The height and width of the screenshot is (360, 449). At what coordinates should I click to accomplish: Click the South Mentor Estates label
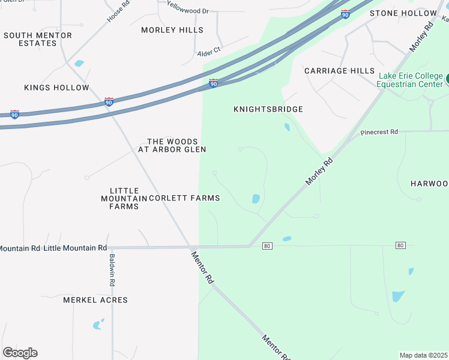(37, 39)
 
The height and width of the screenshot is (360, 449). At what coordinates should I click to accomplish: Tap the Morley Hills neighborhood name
(172, 30)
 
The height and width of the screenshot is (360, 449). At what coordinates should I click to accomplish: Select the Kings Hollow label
(56, 88)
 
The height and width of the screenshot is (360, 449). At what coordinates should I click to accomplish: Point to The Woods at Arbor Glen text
(172, 145)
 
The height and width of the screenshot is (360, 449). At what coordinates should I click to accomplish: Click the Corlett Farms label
(184, 198)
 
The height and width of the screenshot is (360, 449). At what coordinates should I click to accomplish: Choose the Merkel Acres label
(95, 300)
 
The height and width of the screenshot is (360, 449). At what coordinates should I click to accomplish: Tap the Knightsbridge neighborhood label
(268, 109)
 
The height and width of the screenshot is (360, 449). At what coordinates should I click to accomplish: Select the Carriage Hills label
(339, 71)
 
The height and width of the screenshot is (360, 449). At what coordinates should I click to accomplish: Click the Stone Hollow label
(403, 13)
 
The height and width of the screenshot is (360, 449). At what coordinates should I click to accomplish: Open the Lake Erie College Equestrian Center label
(410, 80)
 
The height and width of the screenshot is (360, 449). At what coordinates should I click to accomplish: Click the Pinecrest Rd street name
(379, 132)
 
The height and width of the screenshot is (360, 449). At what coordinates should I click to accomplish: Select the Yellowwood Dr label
(187, 10)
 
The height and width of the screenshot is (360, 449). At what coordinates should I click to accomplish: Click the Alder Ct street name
(209, 53)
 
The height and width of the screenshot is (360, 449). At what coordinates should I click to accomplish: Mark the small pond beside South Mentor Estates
(79, 63)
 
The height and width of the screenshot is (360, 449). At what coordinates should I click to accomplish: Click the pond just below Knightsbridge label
(287, 127)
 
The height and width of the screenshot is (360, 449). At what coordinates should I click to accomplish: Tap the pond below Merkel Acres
(97, 325)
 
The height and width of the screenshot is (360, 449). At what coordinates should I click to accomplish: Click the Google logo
(20, 353)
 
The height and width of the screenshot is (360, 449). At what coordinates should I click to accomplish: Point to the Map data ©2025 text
(423, 355)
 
